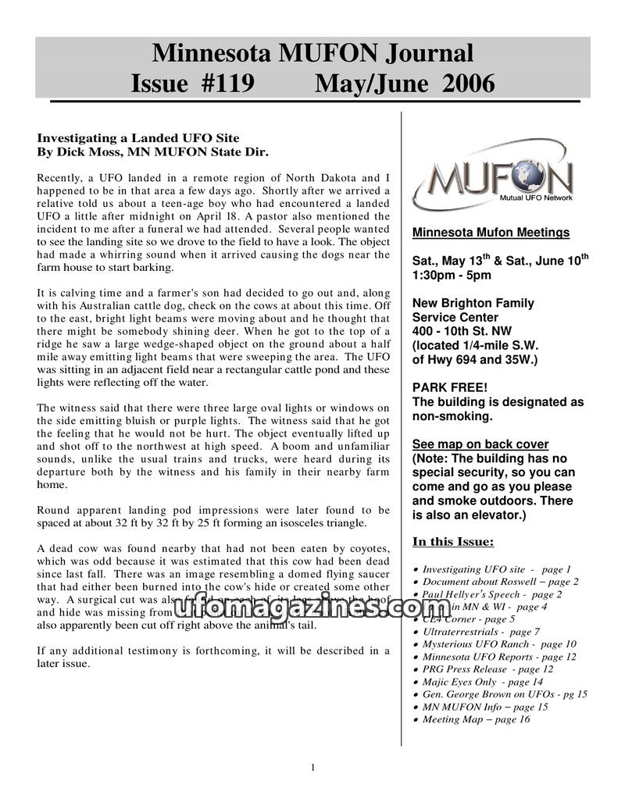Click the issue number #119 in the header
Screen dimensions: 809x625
click(222, 83)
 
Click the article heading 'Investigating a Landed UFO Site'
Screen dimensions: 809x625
click(138, 138)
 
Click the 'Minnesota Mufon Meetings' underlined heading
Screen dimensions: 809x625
click(491, 233)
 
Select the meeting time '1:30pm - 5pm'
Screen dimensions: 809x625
click(452, 275)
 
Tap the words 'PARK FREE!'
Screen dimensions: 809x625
click(449, 388)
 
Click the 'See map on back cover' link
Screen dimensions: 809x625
click(480, 444)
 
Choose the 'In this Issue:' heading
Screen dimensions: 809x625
click(452, 542)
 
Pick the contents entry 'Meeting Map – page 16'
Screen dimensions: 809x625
click(476, 719)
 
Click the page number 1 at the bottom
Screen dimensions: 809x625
click(312, 768)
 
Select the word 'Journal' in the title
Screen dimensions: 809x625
click(424, 54)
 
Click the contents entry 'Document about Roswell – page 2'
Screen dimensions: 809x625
click(500, 582)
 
